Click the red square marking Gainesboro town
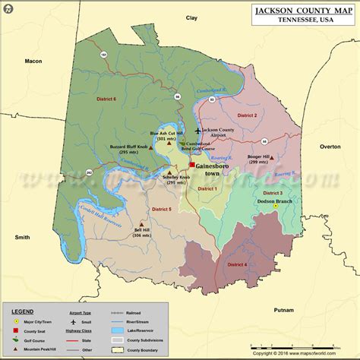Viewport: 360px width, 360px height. coord(192,164)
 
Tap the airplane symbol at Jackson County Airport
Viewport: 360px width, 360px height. coord(198,131)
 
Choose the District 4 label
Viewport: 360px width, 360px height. coord(236,264)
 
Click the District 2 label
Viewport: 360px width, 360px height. coord(246,115)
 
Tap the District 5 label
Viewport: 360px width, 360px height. coord(160,209)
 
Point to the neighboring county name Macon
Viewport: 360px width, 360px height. coord(32,62)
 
